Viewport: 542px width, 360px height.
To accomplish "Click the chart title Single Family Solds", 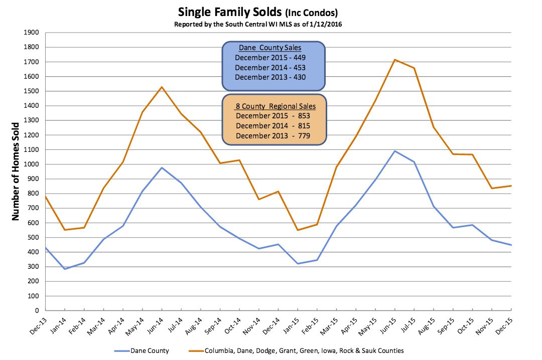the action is [x=230, y=12].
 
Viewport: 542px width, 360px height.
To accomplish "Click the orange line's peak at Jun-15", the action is [x=395, y=60].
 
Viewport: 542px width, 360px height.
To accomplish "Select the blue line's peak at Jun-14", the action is [x=162, y=167].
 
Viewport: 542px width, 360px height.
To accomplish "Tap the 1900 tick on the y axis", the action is [x=31, y=33].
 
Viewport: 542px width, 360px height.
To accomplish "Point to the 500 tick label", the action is [x=33, y=237].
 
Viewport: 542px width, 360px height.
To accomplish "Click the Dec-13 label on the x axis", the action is [x=38, y=326].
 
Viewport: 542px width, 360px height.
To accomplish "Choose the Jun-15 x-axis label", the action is [x=388, y=326].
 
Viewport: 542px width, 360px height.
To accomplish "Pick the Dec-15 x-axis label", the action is [x=504, y=326].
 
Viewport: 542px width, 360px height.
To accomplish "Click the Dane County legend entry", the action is [x=142, y=350].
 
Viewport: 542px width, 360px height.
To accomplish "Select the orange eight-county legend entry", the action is [x=296, y=350].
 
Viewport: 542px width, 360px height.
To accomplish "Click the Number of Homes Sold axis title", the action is [x=16, y=171].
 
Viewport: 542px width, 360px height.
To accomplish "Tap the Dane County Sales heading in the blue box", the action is [x=270, y=48].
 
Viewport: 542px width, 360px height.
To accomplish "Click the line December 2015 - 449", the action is [x=270, y=58].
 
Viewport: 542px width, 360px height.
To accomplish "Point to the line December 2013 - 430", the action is [x=270, y=77].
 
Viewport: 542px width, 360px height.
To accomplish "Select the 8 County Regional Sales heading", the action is [x=276, y=106].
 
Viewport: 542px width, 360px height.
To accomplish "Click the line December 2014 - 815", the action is [x=273, y=126].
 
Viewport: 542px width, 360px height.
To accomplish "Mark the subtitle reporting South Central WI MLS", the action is [x=258, y=24].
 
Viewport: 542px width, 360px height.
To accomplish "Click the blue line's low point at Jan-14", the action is [x=65, y=269].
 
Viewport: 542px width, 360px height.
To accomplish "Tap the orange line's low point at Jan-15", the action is [x=298, y=230].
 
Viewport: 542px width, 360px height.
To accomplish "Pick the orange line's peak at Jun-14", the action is [x=162, y=87].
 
